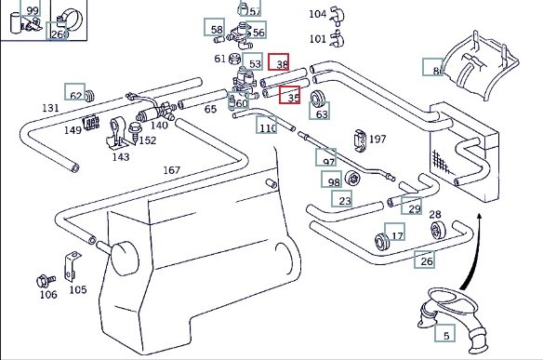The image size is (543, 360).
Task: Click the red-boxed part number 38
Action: [x=278, y=62]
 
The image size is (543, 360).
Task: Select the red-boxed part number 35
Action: [x=290, y=95]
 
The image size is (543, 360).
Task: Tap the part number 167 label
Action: [x=172, y=170]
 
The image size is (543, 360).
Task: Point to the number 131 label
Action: [x=50, y=108]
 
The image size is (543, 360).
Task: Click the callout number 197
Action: [x=377, y=140]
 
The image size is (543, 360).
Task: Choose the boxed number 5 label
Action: [x=445, y=333]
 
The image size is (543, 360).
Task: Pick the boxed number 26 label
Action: [x=425, y=260]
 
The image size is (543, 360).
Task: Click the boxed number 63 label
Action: [x=319, y=111]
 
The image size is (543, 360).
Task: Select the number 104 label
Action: [x=318, y=14]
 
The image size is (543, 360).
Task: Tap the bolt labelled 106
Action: [x=46, y=281]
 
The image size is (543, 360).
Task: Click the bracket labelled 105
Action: [x=72, y=266]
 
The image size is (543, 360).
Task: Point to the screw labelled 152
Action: [x=135, y=131]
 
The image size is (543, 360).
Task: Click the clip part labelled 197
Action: [x=360, y=140]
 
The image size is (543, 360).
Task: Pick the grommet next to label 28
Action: [x=438, y=230]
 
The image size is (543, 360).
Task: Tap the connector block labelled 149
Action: [x=91, y=122]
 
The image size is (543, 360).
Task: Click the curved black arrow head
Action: [x=479, y=217]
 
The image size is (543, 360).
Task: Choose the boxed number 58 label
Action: [x=215, y=27]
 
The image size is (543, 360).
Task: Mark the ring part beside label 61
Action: [x=235, y=59]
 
